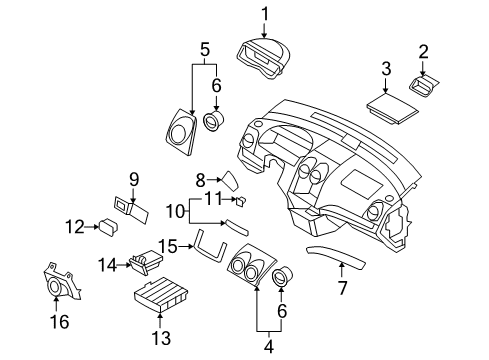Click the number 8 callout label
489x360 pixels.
click(x=200, y=180)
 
